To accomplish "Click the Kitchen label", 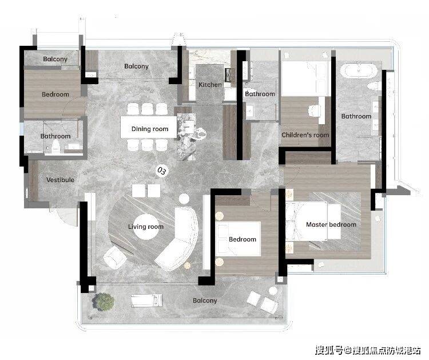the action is point(210,85).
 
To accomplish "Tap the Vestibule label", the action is point(60,180).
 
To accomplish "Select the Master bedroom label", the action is point(331,224).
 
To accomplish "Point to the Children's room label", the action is point(305,135).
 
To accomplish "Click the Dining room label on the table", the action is point(150,129).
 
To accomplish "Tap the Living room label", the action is point(145,227).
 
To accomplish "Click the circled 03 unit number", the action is point(161,171).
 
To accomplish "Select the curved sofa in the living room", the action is point(178,239).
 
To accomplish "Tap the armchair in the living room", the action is point(115,258).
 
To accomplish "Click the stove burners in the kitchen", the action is point(228,75).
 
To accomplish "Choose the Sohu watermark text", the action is point(368,350).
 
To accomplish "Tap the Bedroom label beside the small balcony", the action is point(55,94).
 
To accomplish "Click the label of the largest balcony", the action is point(205,300).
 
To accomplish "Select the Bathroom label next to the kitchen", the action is point(260,94).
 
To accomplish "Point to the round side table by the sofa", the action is point(184,199).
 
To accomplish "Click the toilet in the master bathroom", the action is point(374,86).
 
